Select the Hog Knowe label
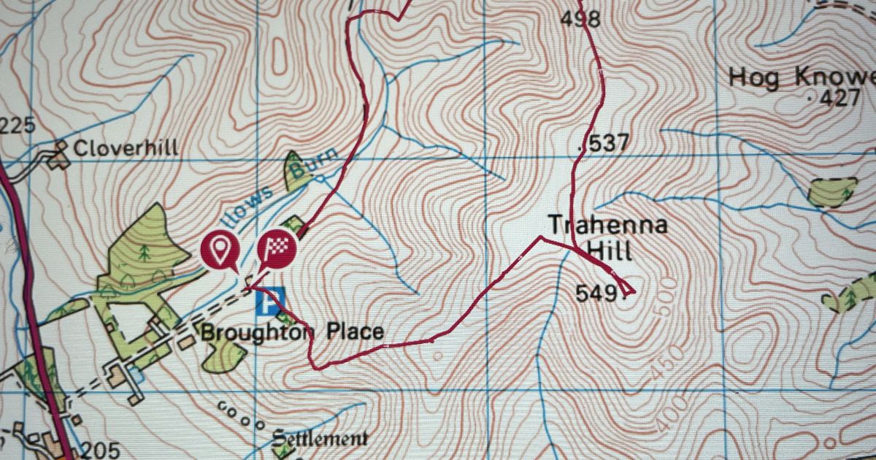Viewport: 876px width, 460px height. pyautogui.click(x=801, y=77)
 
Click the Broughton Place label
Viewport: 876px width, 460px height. pyautogui.click(x=292, y=333)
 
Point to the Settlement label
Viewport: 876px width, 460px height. pyautogui.click(x=320, y=439)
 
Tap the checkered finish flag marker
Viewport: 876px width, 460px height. pyautogui.click(x=277, y=250)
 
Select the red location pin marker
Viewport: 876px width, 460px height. pyautogui.click(x=220, y=249)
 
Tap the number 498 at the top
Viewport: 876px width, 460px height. pyautogui.click(x=580, y=18)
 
